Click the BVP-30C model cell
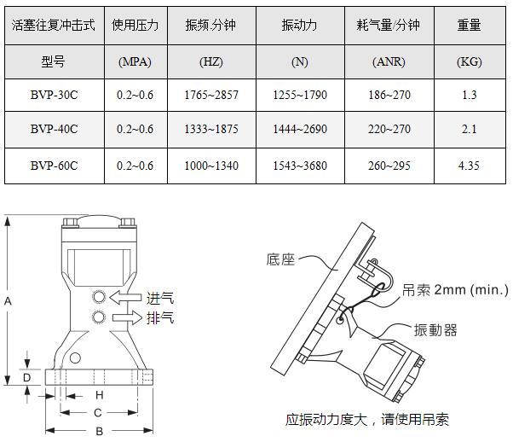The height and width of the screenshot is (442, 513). [x=55, y=95]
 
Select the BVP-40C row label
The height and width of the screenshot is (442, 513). [x=55, y=129]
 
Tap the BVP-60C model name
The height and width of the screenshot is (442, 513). [x=55, y=166]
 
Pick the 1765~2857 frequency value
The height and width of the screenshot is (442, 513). [x=211, y=95]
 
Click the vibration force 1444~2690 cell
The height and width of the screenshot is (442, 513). [x=300, y=129]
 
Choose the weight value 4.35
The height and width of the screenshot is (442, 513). [x=469, y=166]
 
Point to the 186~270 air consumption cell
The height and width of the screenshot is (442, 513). [x=389, y=95]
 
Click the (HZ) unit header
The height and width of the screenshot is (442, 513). [x=211, y=61]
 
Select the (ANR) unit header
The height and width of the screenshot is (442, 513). [x=389, y=61]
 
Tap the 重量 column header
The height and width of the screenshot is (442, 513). [x=470, y=25]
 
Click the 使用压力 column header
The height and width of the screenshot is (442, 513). [x=135, y=25]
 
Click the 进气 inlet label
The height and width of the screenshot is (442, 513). [x=160, y=298]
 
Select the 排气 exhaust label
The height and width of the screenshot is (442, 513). [x=160, y=317]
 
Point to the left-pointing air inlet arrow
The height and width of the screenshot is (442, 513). [x=125, y=298]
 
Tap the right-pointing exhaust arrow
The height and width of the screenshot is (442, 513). [x=127, y=317]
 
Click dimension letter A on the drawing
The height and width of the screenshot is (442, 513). [x=8, y=301]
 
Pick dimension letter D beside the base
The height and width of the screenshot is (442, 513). [x=26, y=378]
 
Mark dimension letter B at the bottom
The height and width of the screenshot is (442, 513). [x=100, y=431]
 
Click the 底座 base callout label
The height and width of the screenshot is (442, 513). [x=280, y=259]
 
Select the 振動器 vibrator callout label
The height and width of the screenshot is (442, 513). [x=435, y=330]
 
